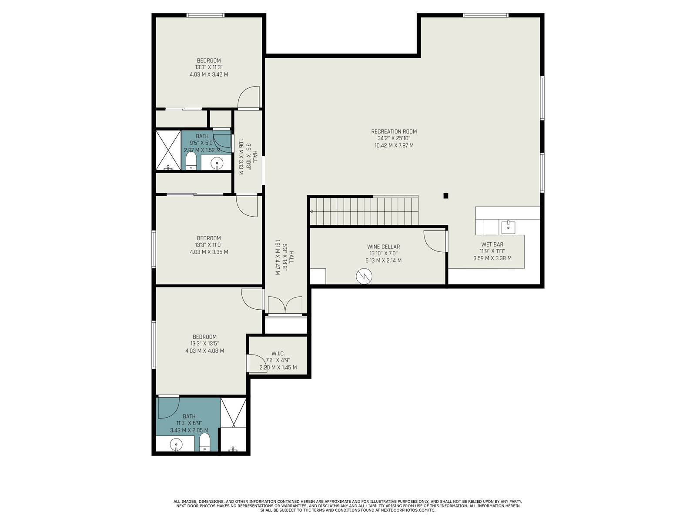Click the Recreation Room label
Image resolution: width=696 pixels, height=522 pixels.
pyautogui.click(x=394, y=131)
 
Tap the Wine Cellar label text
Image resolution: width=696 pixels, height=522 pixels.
pyautogui.click(x=383, y=247)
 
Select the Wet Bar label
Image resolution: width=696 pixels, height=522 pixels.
pyautogui.click(x=492, y=244)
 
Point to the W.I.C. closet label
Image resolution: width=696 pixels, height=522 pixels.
pyautogui.click(x=278, y=353)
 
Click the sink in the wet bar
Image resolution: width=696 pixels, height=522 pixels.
pyautogui.click(x=508, y=227)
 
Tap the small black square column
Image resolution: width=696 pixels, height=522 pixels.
pyautogui.click(x=445, y=196)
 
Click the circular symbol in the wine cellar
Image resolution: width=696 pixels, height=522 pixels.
pyautogui.click(x=364, y=276)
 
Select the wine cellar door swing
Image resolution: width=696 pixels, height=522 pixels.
pyautogui.click(x=435, y=241)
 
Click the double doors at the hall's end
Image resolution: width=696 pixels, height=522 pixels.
pyautogui.click(x=285, y=305)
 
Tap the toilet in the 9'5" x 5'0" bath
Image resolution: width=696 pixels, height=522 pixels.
pyautogui.click(x=191, y=161)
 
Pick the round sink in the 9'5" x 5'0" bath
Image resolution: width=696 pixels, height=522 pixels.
pyautogui.click(x=217, y=163)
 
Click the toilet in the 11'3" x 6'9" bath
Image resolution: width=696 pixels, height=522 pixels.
pyautogui.click(x=204, y=442)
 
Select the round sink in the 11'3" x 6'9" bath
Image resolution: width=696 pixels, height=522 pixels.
pyautogui.click(x=176, y=444)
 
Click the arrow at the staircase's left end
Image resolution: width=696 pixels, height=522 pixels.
pyautogui.click(x=312, y=211)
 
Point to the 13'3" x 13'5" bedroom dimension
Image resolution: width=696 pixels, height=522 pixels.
pyautogui.click(x=204, y=344)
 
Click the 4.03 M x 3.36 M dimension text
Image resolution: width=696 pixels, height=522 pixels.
pyautogui.click(x=209, y=252)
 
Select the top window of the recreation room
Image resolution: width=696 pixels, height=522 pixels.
pyautogui.click(x=485, y=15)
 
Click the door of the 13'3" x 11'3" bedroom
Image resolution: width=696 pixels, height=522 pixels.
pyautogui.click(x=249, y=97)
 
